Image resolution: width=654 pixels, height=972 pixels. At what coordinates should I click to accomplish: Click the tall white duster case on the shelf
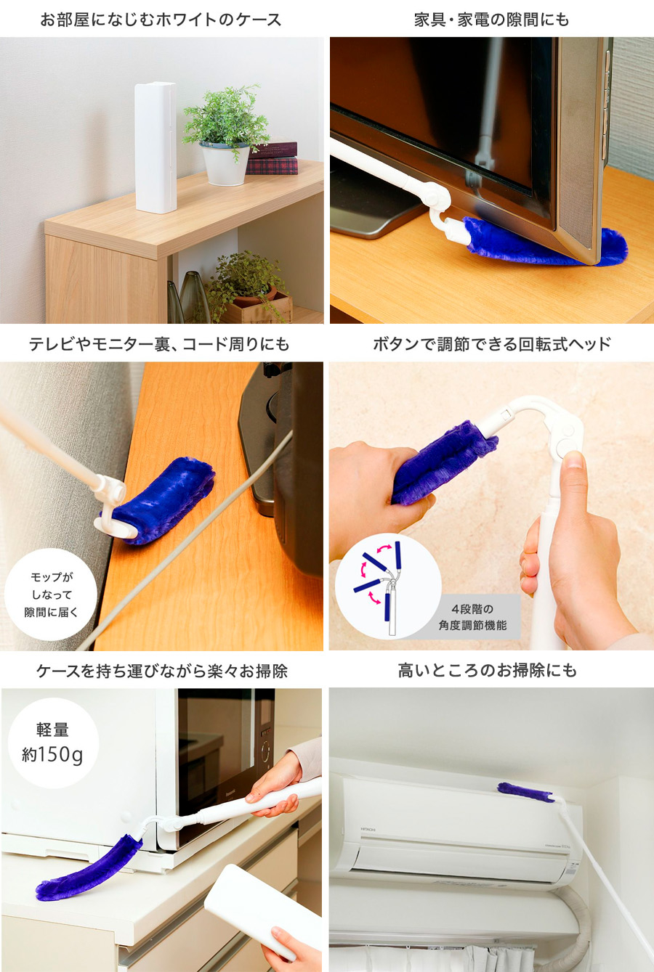coord(155,147)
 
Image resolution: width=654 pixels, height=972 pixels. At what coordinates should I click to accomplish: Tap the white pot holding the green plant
coord(225,163)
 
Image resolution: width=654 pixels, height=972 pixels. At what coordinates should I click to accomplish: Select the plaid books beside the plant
coord(272,158)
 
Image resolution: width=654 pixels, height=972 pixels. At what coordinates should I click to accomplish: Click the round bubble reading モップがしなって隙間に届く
coord(51,595)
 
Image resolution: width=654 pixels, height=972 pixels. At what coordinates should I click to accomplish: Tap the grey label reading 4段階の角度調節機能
coord(472,617)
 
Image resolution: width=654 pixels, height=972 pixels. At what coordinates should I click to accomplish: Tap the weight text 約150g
coord(52,755)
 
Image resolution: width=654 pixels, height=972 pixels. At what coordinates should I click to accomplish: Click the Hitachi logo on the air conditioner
coord(368,829)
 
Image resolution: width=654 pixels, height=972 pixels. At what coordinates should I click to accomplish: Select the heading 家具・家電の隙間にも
coord(491,20)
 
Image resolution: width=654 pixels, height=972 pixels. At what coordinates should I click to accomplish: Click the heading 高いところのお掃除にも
coord(488,671)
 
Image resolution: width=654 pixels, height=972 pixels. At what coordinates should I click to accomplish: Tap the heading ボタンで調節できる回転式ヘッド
coord(491,344)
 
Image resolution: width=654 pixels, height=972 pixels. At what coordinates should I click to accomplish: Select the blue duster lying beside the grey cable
coord(161,500)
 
